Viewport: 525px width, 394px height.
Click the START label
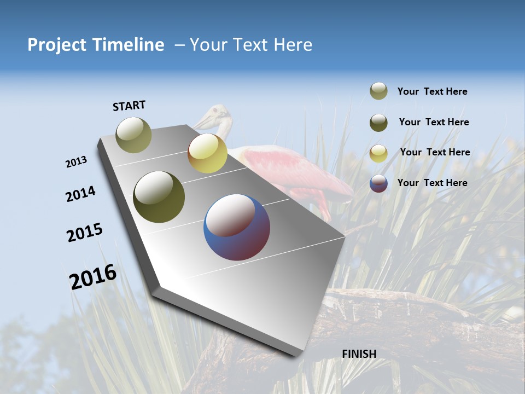[x=129, y=106]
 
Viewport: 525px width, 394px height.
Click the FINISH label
[x=359, y=354]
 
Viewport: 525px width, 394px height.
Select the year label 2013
[x=76, y=162]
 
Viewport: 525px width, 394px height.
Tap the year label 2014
[x=80, y=194]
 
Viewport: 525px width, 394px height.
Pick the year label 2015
[x=84, y=233]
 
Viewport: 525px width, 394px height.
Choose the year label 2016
[x=93, y=277]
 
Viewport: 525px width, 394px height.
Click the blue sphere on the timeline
[x=237, y=227]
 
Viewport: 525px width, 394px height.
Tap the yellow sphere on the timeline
[x=207, y=153]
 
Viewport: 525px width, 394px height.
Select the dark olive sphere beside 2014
[x=159, y=197]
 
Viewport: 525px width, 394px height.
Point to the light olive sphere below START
[x=133, y=135]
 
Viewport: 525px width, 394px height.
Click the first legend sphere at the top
[x=378, y=91]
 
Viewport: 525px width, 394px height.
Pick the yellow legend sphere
[x=378, y=153]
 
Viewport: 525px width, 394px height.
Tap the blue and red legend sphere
[x=378, y=183]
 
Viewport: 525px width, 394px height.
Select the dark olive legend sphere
[x=378, y=123]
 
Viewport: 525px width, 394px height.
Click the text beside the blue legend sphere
[x=432, y=183]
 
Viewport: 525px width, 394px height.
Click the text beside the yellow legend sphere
[x=435, y=152]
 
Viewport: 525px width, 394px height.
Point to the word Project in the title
[x=57, y=45]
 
